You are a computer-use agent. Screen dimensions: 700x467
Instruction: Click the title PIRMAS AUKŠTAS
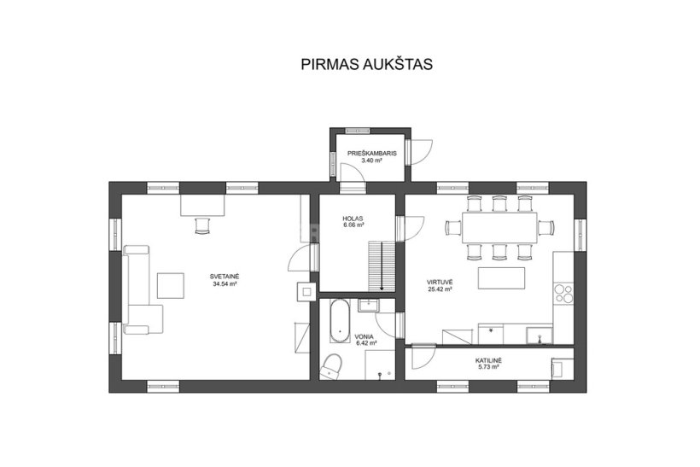(x=366, y=64)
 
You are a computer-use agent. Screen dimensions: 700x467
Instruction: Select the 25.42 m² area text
(x=440, y=289)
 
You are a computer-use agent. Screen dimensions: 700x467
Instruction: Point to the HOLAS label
(x=353, y=219)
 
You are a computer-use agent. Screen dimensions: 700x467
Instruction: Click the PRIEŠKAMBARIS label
(x=372, y=154)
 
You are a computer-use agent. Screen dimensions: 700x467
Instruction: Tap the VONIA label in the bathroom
(x=365, y=336)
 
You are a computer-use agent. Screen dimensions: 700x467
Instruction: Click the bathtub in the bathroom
(x=340, y=321)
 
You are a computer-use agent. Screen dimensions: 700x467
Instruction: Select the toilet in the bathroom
(x=331, y=366)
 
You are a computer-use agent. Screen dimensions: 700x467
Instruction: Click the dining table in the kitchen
(x=499, y=228)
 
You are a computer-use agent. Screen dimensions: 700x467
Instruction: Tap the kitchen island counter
(x=501, y=278)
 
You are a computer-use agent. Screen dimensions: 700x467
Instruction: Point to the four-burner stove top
(x=563, y=295)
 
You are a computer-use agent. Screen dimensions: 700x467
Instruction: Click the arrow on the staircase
(x=382, y=266)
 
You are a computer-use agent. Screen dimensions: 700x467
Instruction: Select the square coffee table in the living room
(x=171, y=286)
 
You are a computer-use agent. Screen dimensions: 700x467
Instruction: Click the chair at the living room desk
(x=202, y=225)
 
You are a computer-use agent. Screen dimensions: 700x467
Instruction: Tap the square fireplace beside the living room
(x=306, y=293)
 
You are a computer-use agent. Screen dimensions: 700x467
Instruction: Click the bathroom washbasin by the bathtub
(x=368, y=306)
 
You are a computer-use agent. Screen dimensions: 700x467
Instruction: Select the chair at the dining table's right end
(x=546, y=228)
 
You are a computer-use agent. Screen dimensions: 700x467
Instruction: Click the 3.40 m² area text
(x=371, y=161)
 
